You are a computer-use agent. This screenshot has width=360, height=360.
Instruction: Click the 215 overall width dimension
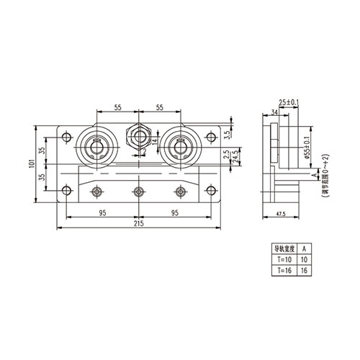(137, 225)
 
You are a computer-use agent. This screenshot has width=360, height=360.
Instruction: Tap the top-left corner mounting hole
(67, 136)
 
